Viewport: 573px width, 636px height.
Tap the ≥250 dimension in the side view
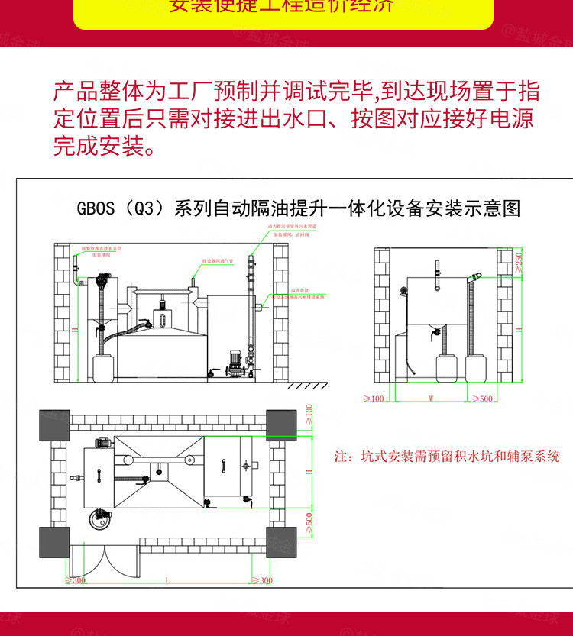(x=520, y=261)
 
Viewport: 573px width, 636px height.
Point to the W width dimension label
(x=431, y=398)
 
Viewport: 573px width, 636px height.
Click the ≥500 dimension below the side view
(x=483, y=399)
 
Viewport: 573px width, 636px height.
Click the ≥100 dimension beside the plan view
(x=309, y=414)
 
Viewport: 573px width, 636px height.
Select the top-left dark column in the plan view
(x=54, y=425)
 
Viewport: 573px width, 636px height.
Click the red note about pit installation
(x=447, y=457)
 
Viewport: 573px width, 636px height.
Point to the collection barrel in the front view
(x=103, y=367)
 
